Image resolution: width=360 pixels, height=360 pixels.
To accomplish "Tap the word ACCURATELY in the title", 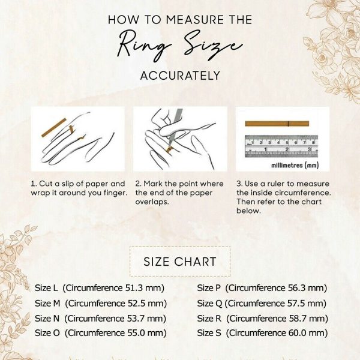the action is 180,76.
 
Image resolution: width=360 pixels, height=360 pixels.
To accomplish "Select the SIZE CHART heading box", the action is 180,262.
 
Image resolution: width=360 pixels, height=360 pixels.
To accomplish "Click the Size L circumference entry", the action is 100,288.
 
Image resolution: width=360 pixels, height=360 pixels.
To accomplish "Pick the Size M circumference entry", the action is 101,304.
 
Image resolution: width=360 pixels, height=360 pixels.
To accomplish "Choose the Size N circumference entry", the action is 101,319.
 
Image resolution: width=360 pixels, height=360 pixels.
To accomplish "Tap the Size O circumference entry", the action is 101,333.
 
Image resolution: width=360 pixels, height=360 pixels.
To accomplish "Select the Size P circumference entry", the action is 262,288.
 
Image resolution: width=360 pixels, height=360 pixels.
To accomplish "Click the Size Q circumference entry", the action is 262,304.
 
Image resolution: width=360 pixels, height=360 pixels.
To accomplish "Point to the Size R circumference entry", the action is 263,319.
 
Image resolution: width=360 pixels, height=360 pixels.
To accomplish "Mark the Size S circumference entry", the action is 262,333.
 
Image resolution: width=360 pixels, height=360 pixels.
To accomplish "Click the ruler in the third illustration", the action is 281,146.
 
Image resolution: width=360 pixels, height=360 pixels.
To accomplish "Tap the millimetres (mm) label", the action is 295,165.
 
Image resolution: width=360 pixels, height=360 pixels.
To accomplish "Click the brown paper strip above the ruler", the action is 277,124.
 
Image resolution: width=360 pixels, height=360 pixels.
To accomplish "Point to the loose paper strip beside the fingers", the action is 54,128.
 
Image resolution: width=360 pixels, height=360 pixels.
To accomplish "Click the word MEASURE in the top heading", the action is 194,20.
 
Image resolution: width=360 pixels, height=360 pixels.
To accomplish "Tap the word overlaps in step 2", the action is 152,202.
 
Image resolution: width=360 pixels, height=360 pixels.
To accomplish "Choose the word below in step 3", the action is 248,211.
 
